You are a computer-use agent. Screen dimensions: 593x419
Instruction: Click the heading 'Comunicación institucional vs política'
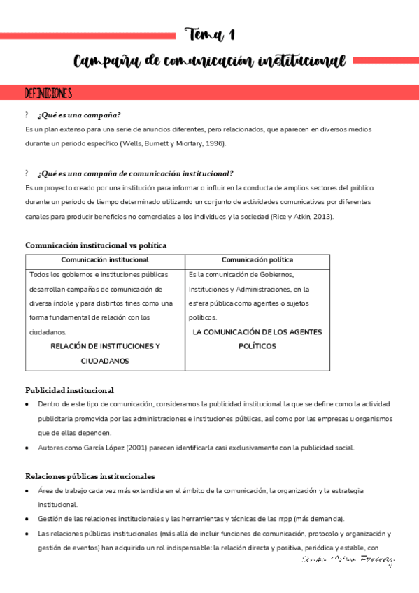(96, 245)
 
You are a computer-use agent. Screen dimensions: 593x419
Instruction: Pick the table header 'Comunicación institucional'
(105, 260)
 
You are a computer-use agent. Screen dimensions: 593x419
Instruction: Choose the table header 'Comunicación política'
(257, 260)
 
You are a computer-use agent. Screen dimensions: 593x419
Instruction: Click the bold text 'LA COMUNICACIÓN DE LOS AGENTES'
(257, 332)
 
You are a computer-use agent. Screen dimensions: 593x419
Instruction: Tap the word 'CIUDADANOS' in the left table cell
(105, 361)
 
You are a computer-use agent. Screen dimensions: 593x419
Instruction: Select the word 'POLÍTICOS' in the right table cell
(257, 346)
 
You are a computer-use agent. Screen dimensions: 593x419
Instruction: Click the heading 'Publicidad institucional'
(69, 390)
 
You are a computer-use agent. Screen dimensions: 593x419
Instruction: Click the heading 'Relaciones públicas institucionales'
(90, 476)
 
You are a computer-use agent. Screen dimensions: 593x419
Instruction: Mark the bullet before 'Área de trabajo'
(27, 491)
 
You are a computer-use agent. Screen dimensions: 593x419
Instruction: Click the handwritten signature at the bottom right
(347, 559)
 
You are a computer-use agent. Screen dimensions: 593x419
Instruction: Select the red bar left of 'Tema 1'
(87, 35)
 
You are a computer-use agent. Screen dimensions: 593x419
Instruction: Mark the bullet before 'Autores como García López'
(27, 448)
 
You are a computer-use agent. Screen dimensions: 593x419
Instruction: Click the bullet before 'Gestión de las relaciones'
(27, 519)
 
